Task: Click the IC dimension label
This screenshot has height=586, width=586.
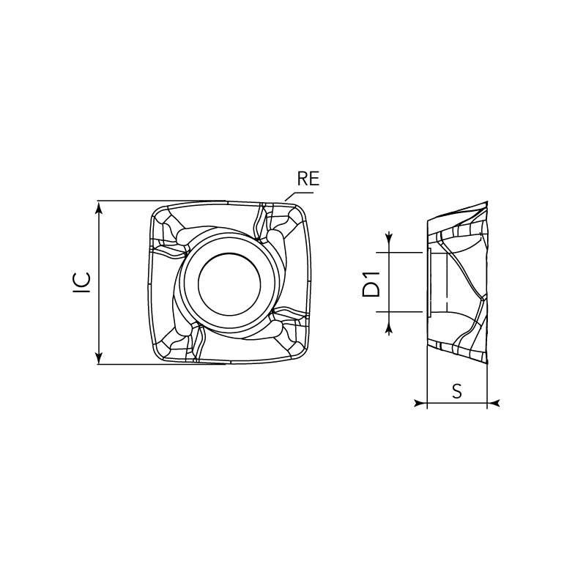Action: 82,283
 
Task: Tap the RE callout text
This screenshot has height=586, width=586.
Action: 308,179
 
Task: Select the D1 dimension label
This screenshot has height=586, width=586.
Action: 371,284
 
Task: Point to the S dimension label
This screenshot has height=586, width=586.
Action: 457,391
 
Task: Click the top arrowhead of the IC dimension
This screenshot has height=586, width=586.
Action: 99,207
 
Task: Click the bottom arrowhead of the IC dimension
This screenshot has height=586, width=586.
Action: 99,357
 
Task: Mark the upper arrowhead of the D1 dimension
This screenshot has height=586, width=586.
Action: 390,237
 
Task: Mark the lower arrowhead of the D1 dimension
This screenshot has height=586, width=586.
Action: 390,329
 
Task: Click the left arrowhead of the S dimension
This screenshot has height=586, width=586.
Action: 420,404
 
